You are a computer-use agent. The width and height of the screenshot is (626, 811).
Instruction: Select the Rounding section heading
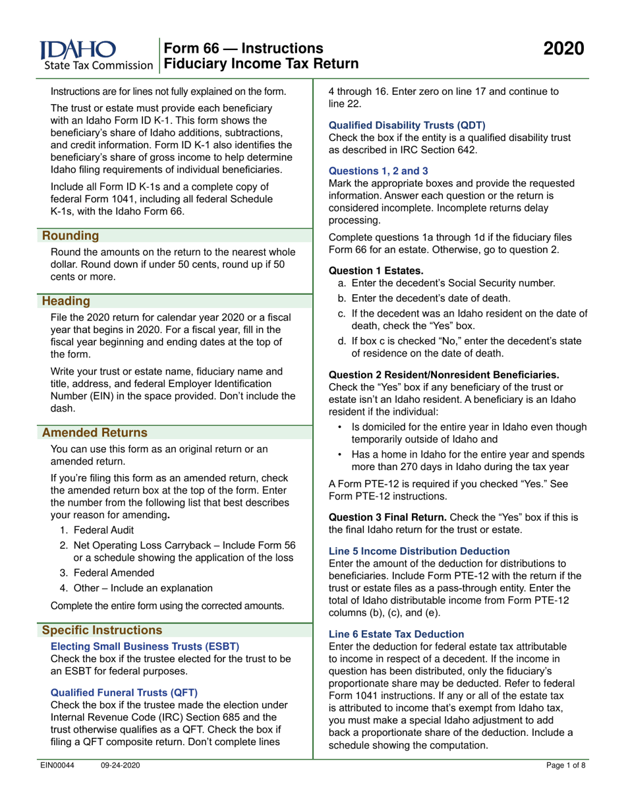(71, 235)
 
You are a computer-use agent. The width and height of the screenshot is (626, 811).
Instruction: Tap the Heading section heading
(67, 301)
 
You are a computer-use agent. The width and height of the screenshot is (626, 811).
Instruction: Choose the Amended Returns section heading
(95, 433)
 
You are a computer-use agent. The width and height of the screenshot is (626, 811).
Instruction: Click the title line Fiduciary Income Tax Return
(261, 63)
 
